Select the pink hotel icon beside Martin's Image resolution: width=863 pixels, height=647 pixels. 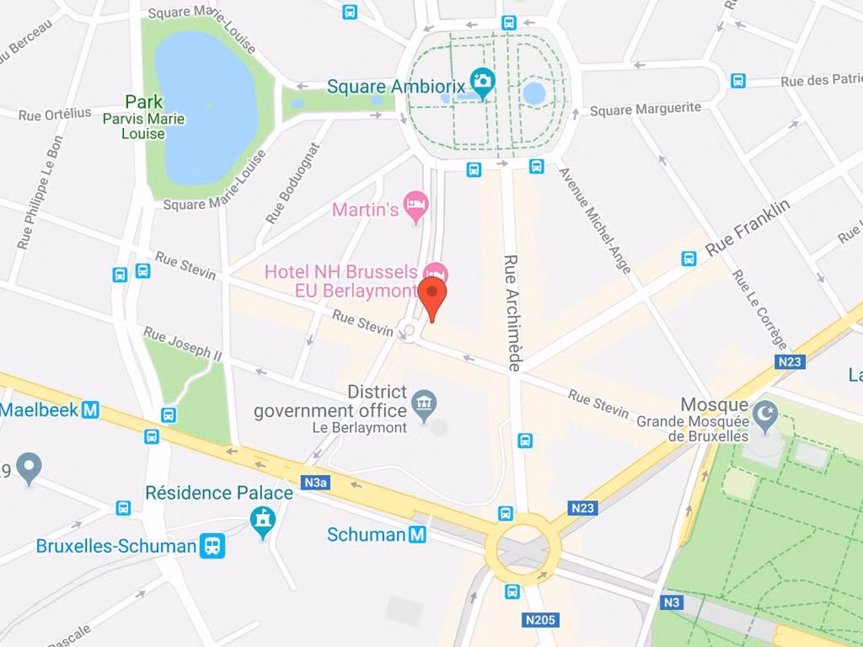[416, 203]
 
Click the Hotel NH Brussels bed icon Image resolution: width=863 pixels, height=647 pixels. [436, 272]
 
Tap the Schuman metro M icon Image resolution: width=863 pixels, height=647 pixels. [417, 534]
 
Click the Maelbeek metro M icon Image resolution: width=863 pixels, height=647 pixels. [89, 410]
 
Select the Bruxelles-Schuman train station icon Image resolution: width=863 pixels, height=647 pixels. [213, 546]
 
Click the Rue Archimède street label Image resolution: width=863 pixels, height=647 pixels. [512, 313]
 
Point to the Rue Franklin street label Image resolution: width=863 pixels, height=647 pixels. [748, 228]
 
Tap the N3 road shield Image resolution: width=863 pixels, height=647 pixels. [671, 602]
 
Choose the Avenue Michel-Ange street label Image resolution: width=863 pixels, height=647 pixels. [595, 221]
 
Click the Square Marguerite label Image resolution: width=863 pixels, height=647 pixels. [646, 110]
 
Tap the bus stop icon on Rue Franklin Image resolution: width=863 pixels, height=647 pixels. [689, 259]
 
